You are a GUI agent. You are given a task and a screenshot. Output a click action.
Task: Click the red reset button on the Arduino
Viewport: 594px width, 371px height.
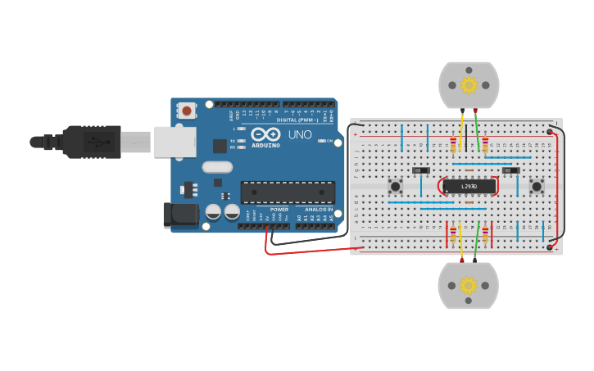[x=188, y=110]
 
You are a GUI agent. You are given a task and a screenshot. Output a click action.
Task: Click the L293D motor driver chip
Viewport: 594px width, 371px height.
[x=469, y=187]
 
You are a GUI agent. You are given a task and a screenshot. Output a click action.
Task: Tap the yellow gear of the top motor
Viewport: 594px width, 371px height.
[x=469, y=84]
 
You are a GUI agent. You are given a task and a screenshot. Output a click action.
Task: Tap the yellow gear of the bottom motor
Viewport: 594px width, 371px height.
[x=469, y=285]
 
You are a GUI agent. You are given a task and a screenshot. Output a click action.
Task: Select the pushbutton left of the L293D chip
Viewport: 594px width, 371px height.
[x=395, y=187]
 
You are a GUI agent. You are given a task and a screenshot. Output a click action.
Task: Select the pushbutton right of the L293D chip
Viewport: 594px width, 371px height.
[x=537, y=187]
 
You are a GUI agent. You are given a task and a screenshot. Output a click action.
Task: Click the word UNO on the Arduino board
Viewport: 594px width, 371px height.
[x=300, y=134]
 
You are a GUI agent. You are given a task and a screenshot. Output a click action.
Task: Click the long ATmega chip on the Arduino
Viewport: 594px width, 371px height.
[x=288, y=192]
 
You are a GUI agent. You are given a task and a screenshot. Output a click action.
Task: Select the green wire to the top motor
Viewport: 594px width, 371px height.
[x=478, y=131]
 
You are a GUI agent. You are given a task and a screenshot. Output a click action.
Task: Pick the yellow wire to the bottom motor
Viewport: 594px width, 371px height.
[x=461, y=242]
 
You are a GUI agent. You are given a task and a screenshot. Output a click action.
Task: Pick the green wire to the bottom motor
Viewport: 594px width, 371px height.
[x=477, y=242]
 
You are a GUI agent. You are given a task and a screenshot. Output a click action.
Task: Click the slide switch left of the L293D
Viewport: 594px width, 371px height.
[x=421, y=170]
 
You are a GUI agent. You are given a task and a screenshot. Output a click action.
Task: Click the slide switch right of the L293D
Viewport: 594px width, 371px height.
[x=511, y=170]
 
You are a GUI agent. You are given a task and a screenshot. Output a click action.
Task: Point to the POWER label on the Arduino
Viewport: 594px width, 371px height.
[x=279, y=210]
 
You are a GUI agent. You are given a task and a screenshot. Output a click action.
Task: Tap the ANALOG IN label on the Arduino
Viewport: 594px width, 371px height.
[x=320, y=210]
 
